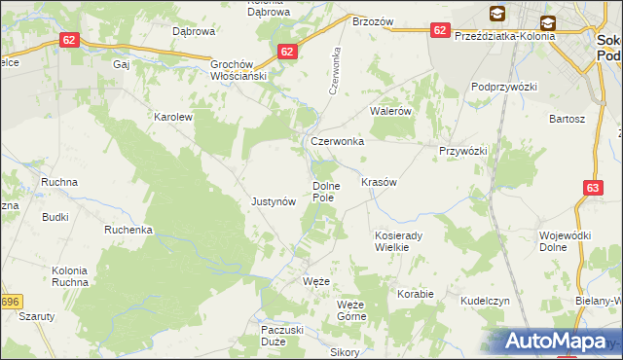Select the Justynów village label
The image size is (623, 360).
(274, 202)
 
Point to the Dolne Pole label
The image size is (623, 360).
(323, 192)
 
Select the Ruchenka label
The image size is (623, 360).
(129, 230)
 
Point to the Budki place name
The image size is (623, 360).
(55, 217)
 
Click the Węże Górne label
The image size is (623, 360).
(350, 310)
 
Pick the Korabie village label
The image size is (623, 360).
(415, 293)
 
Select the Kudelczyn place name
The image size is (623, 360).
(486, 302)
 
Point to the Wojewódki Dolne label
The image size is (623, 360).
(566, 241)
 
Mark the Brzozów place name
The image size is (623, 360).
(372, 21)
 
